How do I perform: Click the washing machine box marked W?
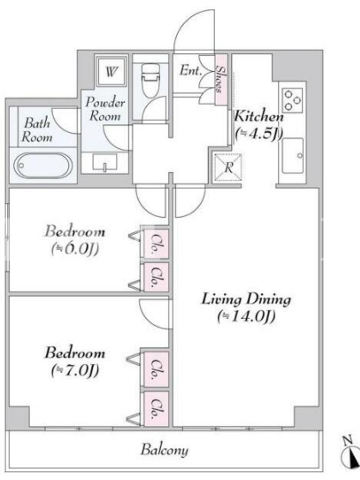[111, 71]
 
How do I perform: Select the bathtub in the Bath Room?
[43, 166]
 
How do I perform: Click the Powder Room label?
[105, 109]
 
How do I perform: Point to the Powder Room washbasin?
[104, 163]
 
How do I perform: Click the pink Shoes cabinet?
[221, 80]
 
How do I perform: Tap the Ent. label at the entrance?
[191, 71]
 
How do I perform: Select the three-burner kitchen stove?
[292, 100]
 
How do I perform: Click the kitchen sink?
[293, 156]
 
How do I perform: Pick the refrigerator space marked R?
[228, 167]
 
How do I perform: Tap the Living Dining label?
[246, 299]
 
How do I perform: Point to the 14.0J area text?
[247, 317]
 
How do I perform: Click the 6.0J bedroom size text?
[75, 249]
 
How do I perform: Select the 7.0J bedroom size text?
[75, 371]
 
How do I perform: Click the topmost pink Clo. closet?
[156, 244]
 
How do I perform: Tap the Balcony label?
[164, 451]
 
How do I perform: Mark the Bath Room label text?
[37, 130]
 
